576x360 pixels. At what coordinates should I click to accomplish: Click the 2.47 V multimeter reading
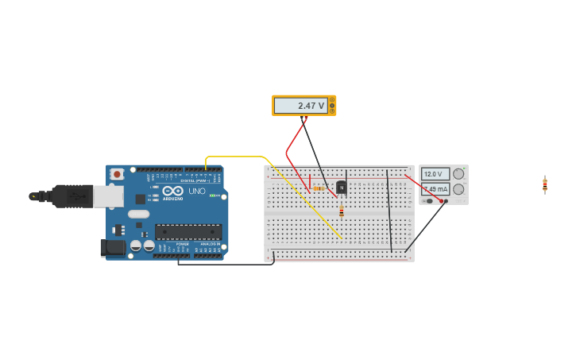tap(300, 106)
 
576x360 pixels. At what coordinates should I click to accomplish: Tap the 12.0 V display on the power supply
tap(435, 174)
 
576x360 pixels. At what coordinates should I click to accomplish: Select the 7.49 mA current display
tap(435, 189)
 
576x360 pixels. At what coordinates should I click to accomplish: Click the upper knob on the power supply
tap(458, 174)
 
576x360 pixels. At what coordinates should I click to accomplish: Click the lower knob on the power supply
tap(458, 189)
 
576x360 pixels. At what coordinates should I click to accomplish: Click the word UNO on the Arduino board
tap(196, 192)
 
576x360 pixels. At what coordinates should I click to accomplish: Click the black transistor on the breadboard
tap(342, 188)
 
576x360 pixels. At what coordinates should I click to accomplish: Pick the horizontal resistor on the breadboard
tap(319, 188)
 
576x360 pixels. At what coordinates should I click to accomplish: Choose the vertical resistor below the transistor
tap(342, 211)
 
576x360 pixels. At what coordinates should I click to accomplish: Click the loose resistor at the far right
tap(545, 184)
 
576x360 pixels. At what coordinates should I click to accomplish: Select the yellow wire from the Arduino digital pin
tap(238, 157)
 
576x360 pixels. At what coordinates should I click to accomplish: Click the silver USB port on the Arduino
tap(108, 196)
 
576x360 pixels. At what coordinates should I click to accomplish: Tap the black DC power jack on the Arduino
tap(113, 248)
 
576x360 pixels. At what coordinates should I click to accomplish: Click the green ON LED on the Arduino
tap(214, 195)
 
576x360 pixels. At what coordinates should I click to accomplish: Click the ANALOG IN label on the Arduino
tap(210, 244)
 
